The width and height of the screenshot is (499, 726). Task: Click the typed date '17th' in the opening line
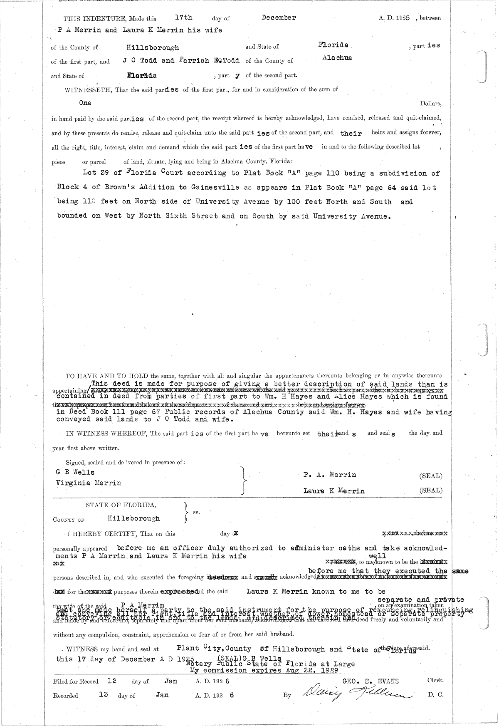[x=183, y=17]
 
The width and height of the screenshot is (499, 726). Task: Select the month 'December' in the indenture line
[x=279, y=17]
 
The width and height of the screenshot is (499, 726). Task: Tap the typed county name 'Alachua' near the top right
[x=337, y=58]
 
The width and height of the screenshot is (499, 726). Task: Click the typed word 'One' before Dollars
[x=85, y=103]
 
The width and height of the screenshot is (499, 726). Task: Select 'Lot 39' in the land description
[x=96, y=173]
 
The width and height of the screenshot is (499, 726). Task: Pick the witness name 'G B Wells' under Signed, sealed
[x=75, y=472]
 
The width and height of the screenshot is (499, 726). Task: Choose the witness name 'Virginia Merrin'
[x=88, y=483]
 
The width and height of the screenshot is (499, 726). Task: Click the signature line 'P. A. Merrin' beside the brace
[x=329, y=475]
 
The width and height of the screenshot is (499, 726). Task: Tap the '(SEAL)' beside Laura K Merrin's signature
[x=431, y=491]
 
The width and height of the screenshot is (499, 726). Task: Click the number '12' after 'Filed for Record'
[x=111, y=681]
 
